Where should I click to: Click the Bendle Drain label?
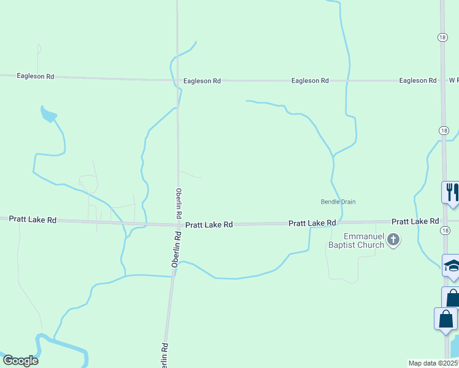[338, 202]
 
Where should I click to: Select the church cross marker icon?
[394, 240]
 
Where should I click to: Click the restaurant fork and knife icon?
[451, 191]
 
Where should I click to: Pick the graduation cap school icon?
[451, 266]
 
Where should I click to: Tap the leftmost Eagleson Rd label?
[36, 77]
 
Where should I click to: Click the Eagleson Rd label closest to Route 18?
[417, 80]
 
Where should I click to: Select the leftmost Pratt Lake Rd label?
[33, 220]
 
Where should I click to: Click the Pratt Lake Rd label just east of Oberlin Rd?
[209, 225]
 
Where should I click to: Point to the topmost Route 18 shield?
[442, 37]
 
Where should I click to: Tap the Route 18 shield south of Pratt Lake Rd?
[444, 230]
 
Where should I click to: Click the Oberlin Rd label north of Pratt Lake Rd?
[179, 204]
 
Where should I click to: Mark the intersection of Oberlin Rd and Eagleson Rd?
[177, 80]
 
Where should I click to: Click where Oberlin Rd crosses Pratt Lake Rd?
[178, 224]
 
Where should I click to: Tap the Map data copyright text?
[433, 363]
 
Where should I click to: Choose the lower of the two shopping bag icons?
[445, 320]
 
